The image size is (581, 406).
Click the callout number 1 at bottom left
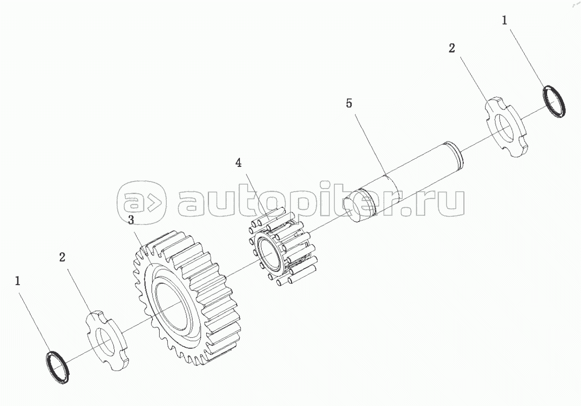pos(19,281)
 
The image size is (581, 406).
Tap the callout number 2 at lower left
pos(62,257)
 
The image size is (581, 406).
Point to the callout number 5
pos(349,104)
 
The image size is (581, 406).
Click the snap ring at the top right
pos(555,102)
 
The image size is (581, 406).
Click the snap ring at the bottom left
pos(58,369)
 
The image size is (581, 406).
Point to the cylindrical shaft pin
pos(404,174)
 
